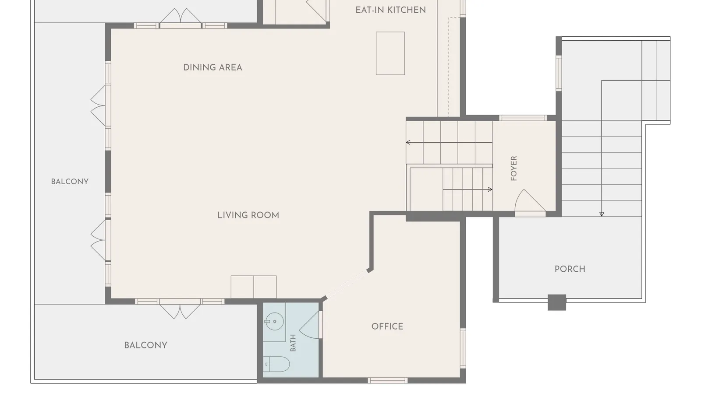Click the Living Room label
click(248, 215)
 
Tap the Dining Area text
click(212, 67)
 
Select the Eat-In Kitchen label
click(390, 10)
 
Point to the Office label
click(387, 326)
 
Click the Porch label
click(570, 269)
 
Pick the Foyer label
click(514, 168)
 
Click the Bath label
click(293, 343)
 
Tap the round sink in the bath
click(274, 321)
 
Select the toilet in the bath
click(276, 364)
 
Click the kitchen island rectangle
click(390, 53)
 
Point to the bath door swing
click(309, 325)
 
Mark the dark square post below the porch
click(557, 302)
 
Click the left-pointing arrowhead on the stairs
click(408, 143)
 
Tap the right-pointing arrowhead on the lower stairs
click(490, 189)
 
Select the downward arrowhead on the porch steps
click(602, 214)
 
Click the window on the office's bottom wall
click(388, 380)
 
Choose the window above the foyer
click(523, 118)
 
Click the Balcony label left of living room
click(70, 182)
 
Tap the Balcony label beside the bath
click(145, 345)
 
